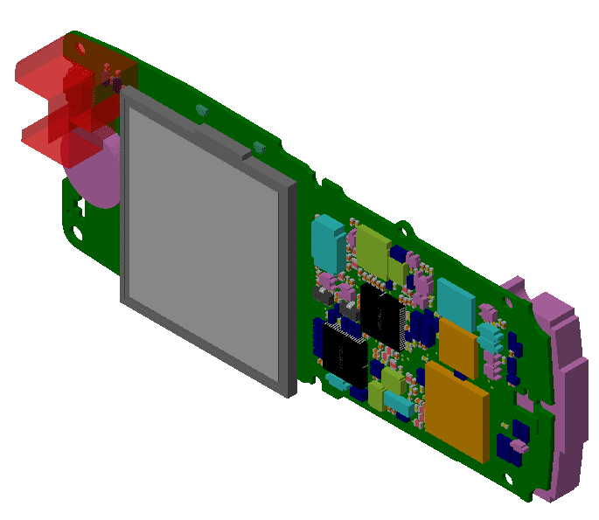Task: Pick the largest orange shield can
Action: [456, 411]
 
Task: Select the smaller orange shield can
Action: [458, 345]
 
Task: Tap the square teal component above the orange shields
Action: [456, 299]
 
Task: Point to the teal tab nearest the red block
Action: [202, 111]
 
